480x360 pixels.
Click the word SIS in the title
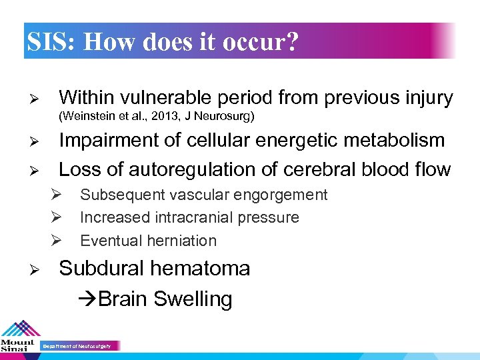coord(51,42)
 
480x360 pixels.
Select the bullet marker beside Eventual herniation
coord(57,241)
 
